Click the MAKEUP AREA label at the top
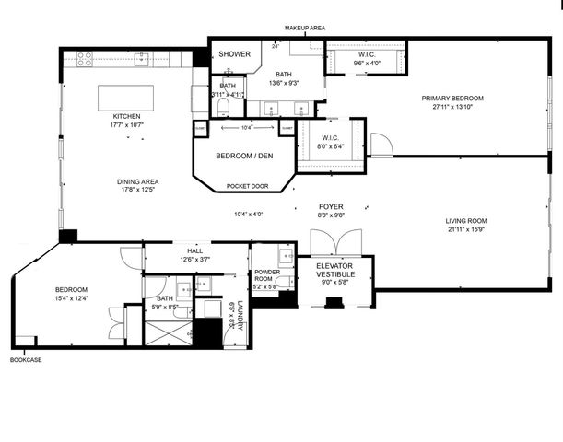(305, 29)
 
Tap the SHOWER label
(234, 54)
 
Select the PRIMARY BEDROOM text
(452, 98)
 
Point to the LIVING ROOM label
(466, 221)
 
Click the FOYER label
(331, 207)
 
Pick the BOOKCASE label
(25, 359)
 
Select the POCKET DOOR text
(246, 186)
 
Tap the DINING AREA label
(136, 181)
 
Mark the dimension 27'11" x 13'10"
(452, 107)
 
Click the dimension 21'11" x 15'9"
(466, 230)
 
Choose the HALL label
(194, 250)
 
